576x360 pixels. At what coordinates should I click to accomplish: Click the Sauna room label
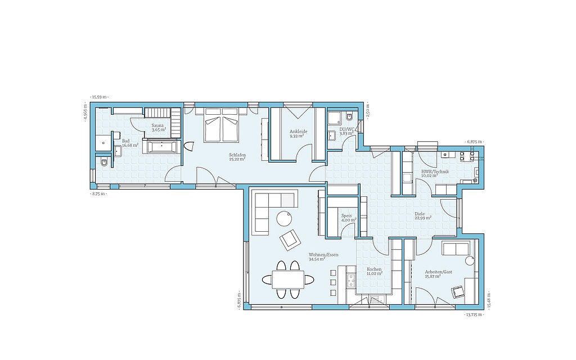(x=157, y=125)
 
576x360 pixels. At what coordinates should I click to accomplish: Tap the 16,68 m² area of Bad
(x=130, y=145)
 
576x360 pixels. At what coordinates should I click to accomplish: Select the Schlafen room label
(x=237, y=155)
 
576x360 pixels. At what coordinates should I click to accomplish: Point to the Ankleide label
(x=298, y=132)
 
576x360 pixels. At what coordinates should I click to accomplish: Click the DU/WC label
(x=347, y=129)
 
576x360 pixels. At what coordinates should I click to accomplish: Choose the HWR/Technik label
(x=435, y=172)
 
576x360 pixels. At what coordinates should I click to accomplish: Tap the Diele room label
(x=420, y=214)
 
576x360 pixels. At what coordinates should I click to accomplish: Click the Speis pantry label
(x=346, y=216)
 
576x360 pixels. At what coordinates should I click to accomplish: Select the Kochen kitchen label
(x=374, y=269)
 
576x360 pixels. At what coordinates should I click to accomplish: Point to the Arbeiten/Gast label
(x=439, y=272)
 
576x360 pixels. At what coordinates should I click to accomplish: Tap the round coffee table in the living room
(x=285, y=218)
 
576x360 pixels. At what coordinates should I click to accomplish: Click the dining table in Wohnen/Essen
(x=288, y=280)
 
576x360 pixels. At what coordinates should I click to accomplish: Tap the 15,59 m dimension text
(x=100, y=97)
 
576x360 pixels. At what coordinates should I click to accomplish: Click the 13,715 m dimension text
(x=474, y=315)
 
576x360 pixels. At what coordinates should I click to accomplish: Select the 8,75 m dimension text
(x=98, y=193)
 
